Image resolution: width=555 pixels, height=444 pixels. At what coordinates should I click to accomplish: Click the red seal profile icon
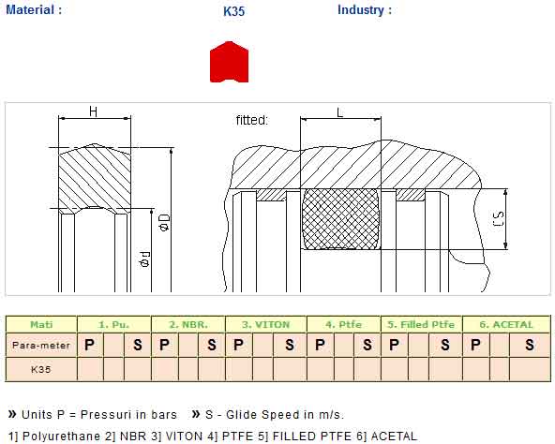click(229, 62)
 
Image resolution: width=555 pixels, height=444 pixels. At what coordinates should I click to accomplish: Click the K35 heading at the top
click(234, 11)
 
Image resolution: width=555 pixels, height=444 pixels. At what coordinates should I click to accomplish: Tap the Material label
click(34, 9)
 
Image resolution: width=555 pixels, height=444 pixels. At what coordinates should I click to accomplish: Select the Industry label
click(365, 9)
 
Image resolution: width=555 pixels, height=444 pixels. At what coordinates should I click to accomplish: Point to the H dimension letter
click(93, 111)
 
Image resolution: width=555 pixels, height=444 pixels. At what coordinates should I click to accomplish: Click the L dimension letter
click(339, 112)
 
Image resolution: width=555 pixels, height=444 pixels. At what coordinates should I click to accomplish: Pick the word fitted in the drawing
click(252, 120)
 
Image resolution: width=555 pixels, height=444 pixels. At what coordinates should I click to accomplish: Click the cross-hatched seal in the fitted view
click(341, 219)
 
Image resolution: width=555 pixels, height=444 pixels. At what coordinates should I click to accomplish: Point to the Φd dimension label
click(145, 259)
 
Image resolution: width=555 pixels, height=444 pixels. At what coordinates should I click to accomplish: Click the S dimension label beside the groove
click(498, 219)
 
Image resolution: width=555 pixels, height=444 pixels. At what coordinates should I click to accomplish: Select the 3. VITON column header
click(266, 324)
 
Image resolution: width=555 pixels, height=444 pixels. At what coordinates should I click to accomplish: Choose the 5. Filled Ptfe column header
click(421, 324)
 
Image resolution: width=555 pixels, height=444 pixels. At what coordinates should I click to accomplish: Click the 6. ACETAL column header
click(506, 324)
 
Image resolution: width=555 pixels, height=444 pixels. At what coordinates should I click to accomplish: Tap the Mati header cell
click(41, 324)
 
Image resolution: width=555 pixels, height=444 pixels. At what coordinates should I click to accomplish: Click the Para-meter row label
click(41, 345)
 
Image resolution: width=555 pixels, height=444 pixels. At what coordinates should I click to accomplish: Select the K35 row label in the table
click(41, 369)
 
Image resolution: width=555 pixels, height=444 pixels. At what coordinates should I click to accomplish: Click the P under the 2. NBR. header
click(164, 345)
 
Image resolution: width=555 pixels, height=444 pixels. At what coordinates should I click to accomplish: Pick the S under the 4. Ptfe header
click(367, 345)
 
